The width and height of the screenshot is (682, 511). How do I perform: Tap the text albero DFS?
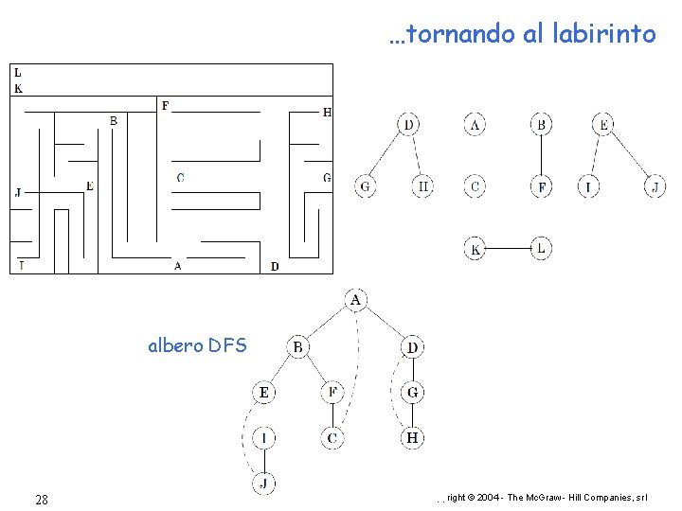coord(197,345)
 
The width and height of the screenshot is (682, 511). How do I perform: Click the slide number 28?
coord(42,499)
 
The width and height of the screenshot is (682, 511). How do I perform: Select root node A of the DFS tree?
coord(356,300)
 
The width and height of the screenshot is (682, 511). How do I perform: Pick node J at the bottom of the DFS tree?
coord(265,484)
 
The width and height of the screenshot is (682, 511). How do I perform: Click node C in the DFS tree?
coord(332,438)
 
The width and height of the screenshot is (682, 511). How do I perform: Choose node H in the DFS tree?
coord(413,438)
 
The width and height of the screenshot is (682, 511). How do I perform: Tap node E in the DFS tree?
coord(265,392)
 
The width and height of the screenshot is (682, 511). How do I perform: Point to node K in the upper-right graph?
coord(476,249)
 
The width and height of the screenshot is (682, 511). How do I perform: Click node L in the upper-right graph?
coord(540,249)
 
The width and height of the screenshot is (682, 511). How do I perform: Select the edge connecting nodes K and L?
coord(508,249)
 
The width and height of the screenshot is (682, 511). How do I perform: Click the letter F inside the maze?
coord(166,105)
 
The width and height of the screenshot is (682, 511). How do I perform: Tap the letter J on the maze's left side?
coord(18,193)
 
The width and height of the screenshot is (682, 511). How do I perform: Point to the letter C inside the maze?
coord(181,177)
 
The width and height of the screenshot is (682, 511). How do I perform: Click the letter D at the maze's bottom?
coord(275,267)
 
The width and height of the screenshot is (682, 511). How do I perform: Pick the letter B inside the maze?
coord(114,121)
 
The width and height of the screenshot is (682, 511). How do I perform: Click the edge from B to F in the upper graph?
coord(540,155)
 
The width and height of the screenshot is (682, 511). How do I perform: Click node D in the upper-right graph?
coord(408,124)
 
